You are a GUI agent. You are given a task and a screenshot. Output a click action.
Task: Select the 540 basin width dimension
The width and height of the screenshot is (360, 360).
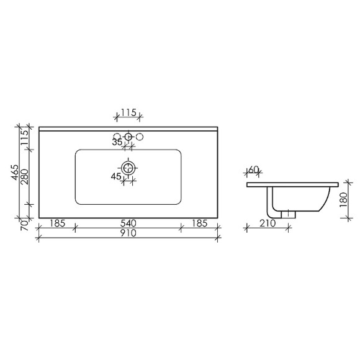coord(128,222)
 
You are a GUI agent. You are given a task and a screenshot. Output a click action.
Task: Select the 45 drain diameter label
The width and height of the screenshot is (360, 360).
coord(117,177)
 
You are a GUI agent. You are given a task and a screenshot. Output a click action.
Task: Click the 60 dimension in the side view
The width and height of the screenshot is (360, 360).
coord(253,170)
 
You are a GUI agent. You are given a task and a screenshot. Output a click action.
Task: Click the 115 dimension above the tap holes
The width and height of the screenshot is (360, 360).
coord(128,113)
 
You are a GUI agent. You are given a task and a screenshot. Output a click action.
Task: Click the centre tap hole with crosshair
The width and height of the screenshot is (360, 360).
coord(128,137)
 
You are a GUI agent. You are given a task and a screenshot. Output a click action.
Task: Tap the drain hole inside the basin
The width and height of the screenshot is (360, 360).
coord(128,168)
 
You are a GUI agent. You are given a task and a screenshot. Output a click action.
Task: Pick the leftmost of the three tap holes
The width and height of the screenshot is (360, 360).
coord(117,137)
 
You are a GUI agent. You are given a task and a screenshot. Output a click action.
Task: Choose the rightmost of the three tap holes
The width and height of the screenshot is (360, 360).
coord(140,137)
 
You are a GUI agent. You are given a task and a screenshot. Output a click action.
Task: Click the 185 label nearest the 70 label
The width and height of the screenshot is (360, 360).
coord(56,222)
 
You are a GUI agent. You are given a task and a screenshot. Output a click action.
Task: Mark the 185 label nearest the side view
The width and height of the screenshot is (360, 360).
coord(199,222)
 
